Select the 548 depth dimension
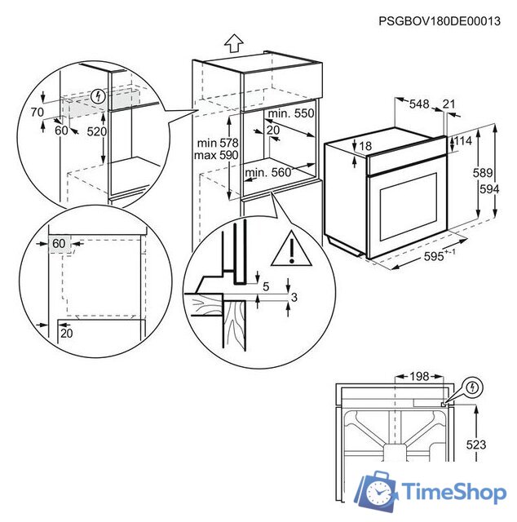tap(418, 104)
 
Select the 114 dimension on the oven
tap(462, 141)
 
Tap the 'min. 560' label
tap(267, 172)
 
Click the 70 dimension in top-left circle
tap(37, 113)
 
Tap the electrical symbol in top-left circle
tap(99, 96)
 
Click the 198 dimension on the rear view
tap(419, 377)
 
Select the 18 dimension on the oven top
tap(365, 146)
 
